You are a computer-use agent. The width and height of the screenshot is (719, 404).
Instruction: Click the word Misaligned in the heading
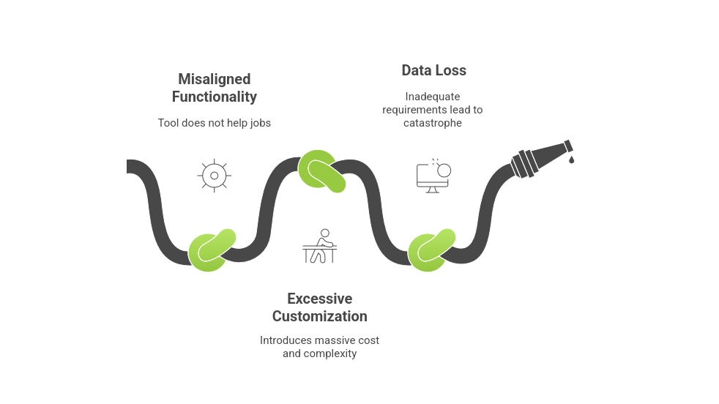tap(214, 79)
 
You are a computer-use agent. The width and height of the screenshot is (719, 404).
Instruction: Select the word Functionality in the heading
tap(214, 97)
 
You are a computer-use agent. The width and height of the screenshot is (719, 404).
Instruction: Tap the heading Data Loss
tap(433, 71)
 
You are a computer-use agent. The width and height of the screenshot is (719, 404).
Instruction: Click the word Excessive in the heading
tap(319, 299)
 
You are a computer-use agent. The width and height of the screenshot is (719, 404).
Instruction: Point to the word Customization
tap(319, 316)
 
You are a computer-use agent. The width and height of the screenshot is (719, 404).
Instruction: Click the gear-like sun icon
tap(214, 176)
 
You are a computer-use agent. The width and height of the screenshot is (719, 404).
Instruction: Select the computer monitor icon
tap(433, 176)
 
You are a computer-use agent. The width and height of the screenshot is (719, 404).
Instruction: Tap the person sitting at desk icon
tap(320, 246)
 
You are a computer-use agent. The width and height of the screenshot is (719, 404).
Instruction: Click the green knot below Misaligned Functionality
tap(212, 249)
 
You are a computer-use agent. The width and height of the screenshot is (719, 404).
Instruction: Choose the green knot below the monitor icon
tap(431, 250)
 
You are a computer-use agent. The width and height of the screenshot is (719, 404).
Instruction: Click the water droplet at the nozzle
tap(572, 158)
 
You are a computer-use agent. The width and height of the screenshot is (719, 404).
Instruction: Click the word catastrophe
tap(432, 123)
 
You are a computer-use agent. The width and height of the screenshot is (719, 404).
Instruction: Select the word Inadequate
tap(432, 96)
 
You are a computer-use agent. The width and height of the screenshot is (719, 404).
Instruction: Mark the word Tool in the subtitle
tap(168, 123)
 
